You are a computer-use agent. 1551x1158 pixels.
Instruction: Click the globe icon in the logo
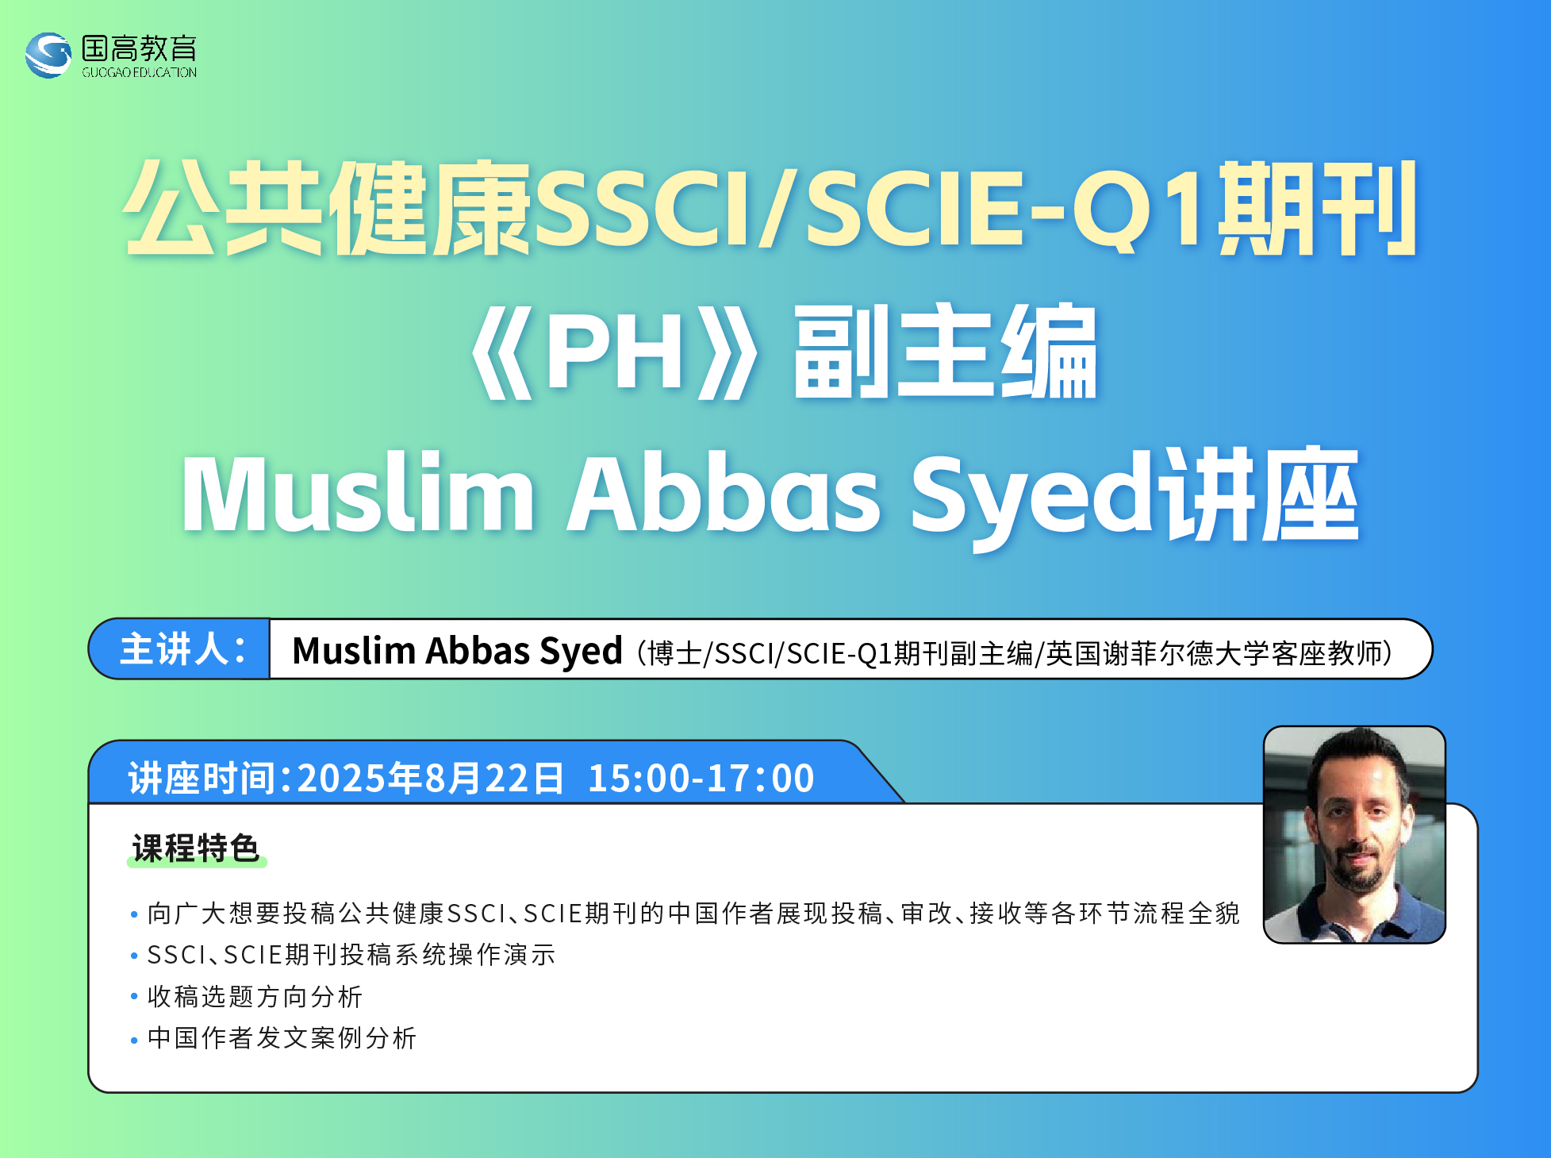[48, 55]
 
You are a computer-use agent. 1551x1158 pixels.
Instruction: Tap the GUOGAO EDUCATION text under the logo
[139, 72]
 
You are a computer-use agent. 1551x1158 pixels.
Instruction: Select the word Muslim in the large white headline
[358, 494]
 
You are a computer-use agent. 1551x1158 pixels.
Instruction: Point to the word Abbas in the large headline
[723, 494]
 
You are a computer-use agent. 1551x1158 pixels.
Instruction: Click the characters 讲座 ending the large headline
[1261, 494]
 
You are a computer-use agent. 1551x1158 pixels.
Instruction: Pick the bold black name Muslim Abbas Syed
[457, 651]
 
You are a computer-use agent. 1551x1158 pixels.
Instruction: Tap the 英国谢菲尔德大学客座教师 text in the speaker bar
[1214, 653]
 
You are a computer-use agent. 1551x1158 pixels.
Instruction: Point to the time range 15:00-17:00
[701, 778]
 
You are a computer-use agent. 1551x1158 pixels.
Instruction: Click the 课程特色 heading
[196, 848]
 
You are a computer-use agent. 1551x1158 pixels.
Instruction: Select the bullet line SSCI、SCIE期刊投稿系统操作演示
[351, 955]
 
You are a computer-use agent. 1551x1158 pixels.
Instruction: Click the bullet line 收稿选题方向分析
[255, 997]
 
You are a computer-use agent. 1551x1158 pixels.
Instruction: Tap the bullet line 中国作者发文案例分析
[282, 1038]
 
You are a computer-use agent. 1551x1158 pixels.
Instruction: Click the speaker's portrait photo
[1354, 834]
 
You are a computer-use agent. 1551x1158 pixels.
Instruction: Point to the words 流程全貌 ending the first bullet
[1186, 914]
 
